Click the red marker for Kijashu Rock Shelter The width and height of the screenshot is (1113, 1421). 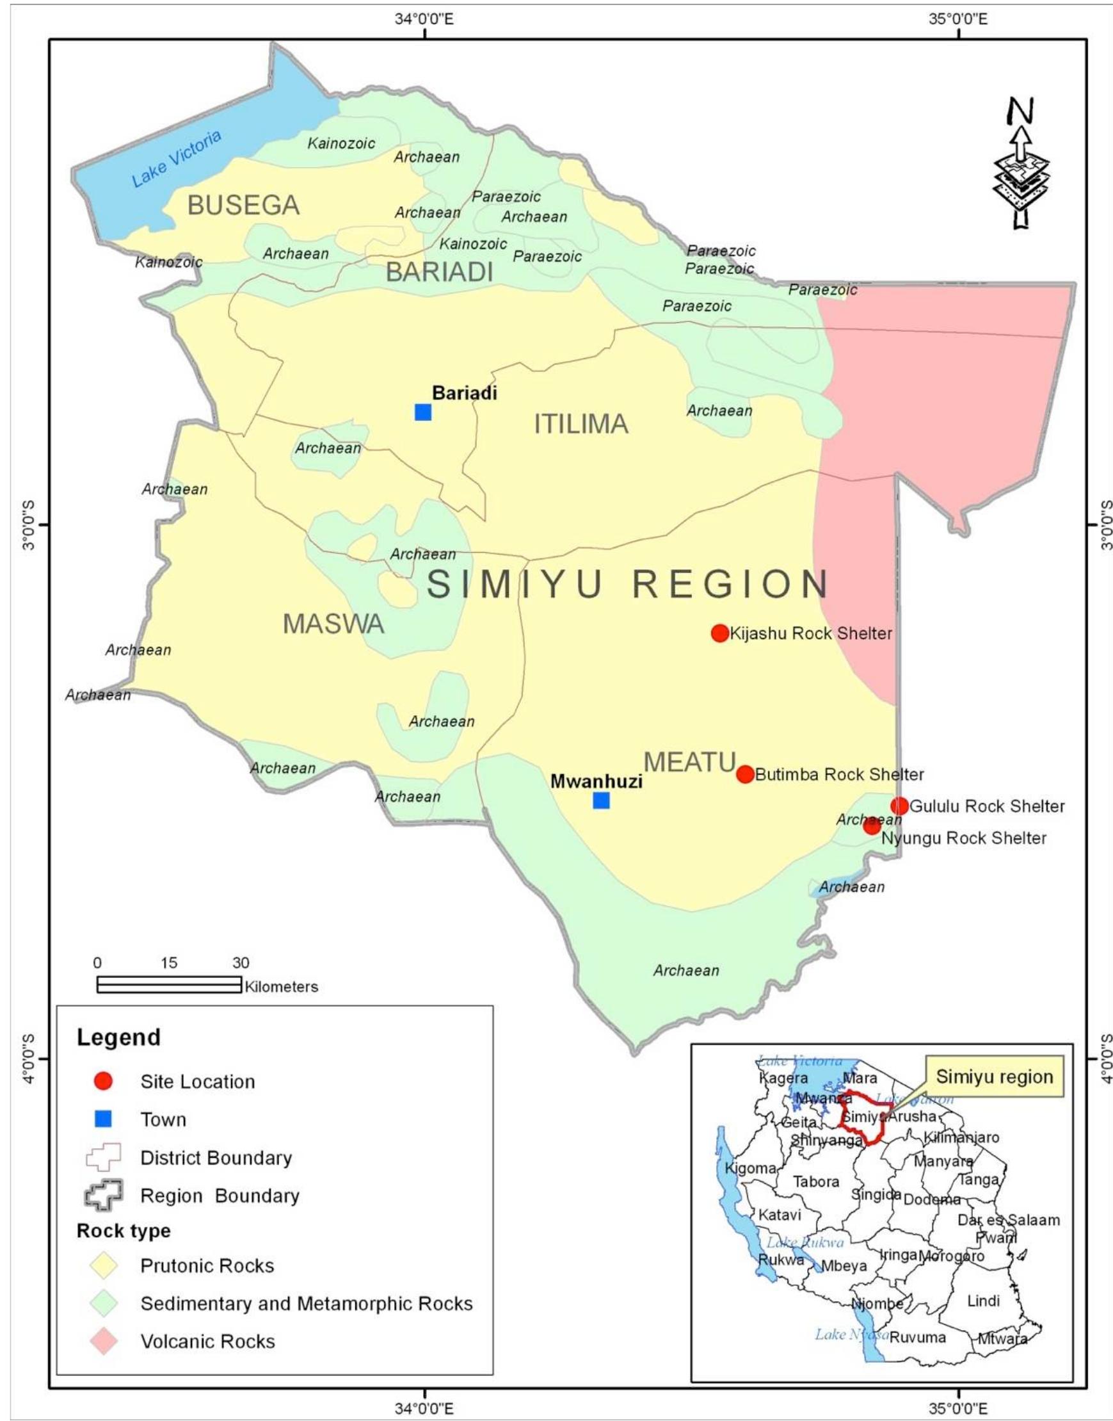719,633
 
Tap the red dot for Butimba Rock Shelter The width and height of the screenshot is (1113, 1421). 745,774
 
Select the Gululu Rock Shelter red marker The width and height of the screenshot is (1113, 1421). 899,806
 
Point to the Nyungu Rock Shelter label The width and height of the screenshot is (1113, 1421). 963,838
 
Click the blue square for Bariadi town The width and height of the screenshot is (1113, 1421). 423,412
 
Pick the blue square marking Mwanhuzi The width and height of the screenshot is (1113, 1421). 601,800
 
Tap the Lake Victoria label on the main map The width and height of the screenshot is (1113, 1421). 177,158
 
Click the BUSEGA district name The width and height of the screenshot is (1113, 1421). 243,206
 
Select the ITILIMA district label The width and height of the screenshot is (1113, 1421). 581,425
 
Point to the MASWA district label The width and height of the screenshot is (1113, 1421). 333,624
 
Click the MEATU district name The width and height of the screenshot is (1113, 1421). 689,761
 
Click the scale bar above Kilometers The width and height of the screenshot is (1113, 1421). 169,984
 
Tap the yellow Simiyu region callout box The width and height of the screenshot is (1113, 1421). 994,1077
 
